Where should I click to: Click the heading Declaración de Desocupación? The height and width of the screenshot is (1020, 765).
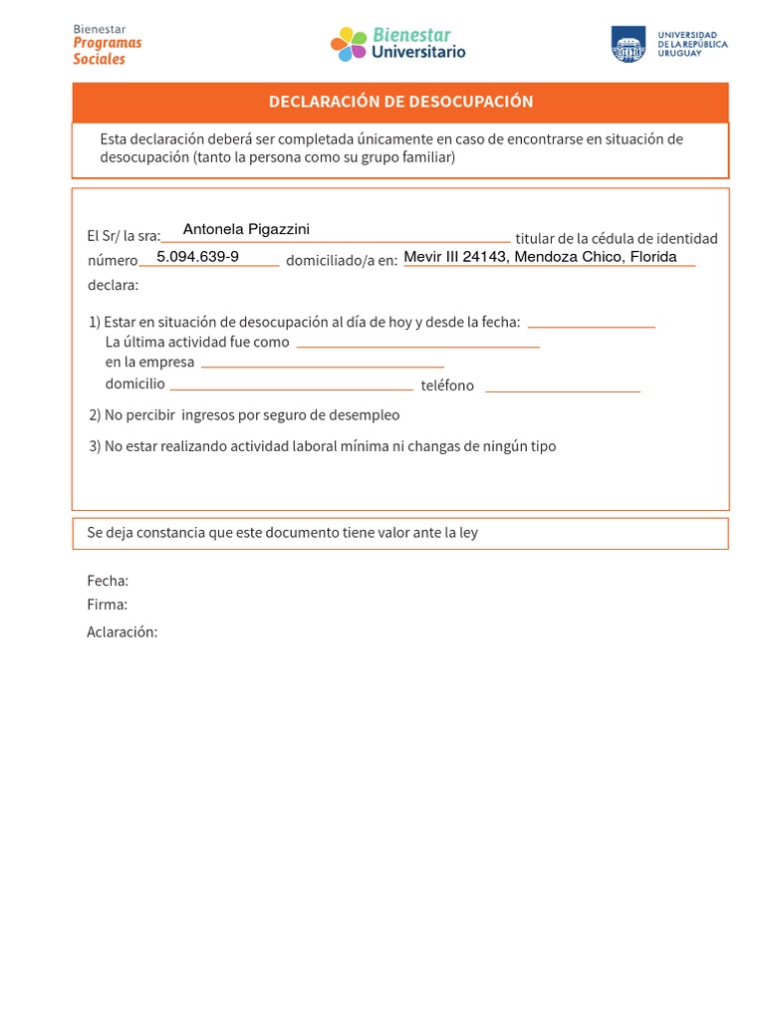(x=400, y=102)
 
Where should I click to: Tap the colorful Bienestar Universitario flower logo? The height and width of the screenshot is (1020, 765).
(x=349, y=44)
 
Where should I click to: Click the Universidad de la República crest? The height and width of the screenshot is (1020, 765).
(x=629, y=44)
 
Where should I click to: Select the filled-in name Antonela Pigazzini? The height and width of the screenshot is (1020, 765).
(x=246, y=230)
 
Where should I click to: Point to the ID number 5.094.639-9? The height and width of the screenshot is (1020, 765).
(x=197, y=257)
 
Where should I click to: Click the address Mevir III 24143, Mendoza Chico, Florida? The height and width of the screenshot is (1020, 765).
(x=540, y=257)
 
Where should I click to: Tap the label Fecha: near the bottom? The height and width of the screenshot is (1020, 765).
(x=108, y=581)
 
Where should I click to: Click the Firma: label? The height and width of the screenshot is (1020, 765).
(x=107, y=605)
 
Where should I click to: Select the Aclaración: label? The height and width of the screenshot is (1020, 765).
(x=123, y=633)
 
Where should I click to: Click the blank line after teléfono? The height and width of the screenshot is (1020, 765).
(x=562, y=389)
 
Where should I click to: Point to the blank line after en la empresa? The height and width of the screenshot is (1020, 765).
(x=322, y=366)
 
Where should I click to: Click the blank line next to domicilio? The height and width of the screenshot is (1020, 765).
(x=290, y=387)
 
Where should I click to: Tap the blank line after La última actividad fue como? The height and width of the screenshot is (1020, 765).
(x=417, y=345)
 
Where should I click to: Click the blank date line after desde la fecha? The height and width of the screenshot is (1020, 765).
(x=591, y=325)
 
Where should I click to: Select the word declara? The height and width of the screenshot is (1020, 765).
(x=114, y=286)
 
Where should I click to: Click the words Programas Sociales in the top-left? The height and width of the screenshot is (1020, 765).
(x=107, y=51)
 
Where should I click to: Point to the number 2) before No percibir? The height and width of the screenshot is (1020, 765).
(x=95, y=415)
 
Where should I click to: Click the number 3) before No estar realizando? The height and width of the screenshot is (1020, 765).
(x=95, y=446)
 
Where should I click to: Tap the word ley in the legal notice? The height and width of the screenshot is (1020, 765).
(x=467, y=533)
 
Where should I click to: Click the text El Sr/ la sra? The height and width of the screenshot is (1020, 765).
(x=124, y=236)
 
